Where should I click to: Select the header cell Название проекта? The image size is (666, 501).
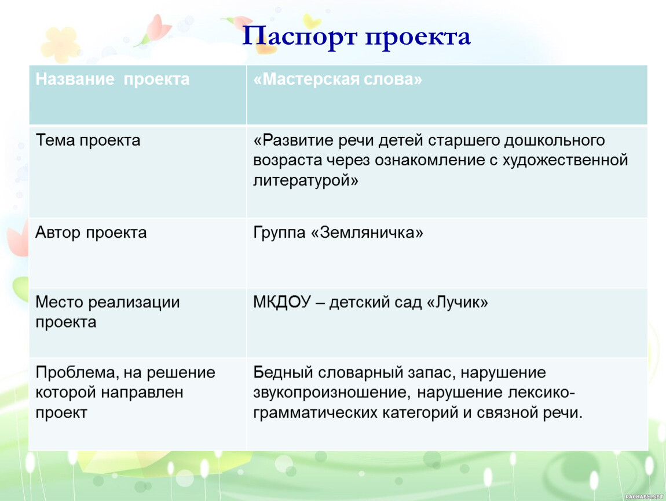pyautogui.click(x=112, y=79)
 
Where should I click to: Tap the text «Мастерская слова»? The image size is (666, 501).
pyautogui.click(x=338, y=79)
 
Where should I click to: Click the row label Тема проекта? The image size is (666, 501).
pyautogui.click(x=88, y=140)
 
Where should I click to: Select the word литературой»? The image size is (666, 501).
pyautogui.click(x=306, y=181)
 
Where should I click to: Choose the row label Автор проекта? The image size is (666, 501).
pyautogui.click(x=91, y=233)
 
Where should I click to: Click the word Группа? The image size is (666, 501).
pyautogui.click(x=280, y=233)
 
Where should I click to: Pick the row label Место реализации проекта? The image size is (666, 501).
pyautogui.click(x=108, y=312)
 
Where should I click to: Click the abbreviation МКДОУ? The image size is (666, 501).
pyautogui.click(x=283, y=302)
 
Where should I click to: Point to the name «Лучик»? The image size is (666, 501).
pyautogui.click(x=457, y=302)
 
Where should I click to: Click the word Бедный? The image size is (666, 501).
pyautogui.click(x=283, y=372)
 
